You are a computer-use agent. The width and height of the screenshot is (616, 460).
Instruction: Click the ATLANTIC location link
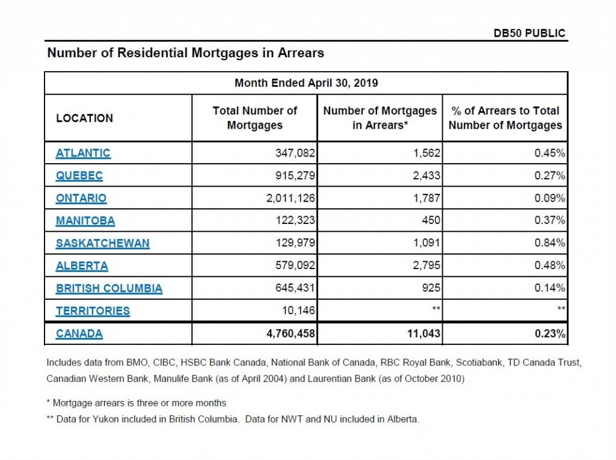[83, 153]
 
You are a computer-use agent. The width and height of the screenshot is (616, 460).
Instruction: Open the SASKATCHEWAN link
[102, 243]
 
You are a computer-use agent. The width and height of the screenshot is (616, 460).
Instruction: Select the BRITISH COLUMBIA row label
[109, 288]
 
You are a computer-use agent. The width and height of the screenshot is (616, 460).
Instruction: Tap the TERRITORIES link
[93, 311]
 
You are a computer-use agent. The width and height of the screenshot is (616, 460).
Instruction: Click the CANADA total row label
[79, 334]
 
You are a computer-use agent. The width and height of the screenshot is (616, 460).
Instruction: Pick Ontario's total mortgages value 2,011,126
[291, 198]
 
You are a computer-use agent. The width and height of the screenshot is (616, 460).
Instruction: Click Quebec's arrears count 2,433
[427, 175]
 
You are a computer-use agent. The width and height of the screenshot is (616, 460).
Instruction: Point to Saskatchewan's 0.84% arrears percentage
[550, 243]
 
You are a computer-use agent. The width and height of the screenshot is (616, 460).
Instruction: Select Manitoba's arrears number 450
[431, 220]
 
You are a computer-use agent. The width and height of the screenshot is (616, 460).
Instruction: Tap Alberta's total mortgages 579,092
[295, 266]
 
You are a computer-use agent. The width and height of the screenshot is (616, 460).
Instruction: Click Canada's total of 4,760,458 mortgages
[291, 334]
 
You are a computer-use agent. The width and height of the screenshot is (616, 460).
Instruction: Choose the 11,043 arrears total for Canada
[423, 334]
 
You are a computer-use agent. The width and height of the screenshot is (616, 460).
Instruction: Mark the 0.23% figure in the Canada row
[550, 334]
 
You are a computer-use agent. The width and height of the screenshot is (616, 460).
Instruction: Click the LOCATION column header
[84, 119]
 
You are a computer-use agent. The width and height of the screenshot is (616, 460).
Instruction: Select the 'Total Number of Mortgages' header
[255, 118]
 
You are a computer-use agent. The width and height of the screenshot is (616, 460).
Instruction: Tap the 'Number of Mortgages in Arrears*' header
[380, 118]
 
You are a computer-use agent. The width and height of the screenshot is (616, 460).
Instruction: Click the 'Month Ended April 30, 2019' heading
[306, 83]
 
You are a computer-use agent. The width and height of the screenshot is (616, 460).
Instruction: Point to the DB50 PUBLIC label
[529, 33]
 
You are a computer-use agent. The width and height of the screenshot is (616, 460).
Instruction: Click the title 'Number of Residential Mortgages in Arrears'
[186, 53]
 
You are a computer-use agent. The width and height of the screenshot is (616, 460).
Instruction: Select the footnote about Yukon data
[233, 419]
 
